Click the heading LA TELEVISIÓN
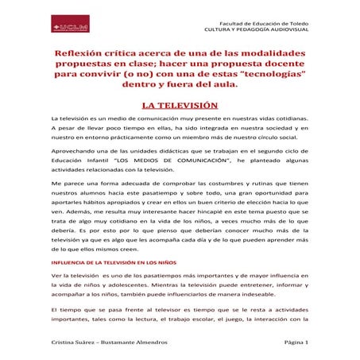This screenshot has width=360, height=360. pos(180,104)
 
